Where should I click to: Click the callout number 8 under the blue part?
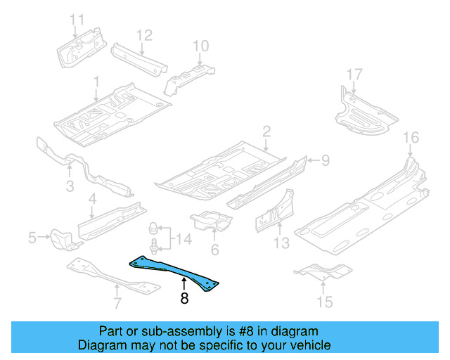tap(184, 298)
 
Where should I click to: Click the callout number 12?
tap(143, 34)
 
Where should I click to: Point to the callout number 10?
tap(201, 46)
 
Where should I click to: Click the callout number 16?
tap(411, 137)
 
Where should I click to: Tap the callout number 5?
tap(32, 238)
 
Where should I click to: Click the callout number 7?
tap(117, 304)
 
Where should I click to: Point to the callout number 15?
tap(324, 302)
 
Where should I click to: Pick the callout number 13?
tap(281, 243)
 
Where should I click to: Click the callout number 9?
tap(325, 161)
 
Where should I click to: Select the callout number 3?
tap(70, 186)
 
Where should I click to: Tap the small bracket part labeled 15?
tap(321, 270)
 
